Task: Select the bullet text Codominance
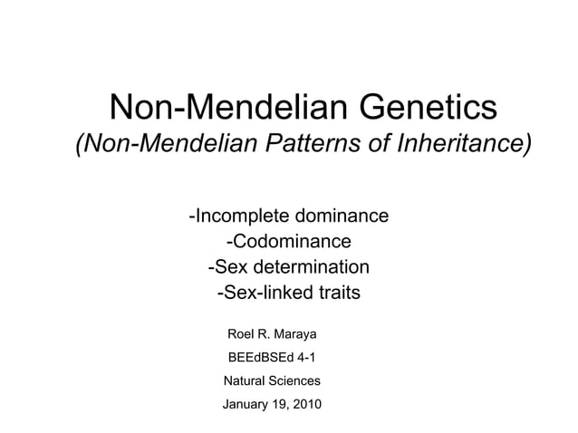(289, 242)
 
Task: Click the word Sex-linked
(260, 293)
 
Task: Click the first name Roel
(243, 335)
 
